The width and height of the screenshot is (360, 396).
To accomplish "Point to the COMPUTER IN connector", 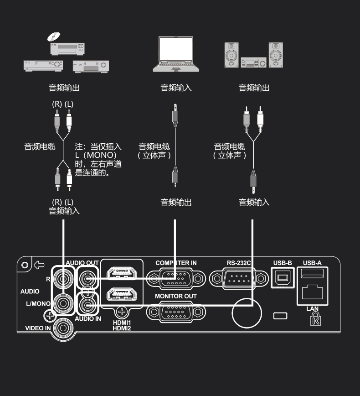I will [175, 277].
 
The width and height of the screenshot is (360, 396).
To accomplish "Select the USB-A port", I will [313, 274].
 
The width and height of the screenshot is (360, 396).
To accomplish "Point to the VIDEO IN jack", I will [62, 328].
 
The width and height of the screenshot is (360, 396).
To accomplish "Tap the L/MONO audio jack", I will [62, 302].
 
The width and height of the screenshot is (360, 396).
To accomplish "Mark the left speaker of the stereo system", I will [232, 55].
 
